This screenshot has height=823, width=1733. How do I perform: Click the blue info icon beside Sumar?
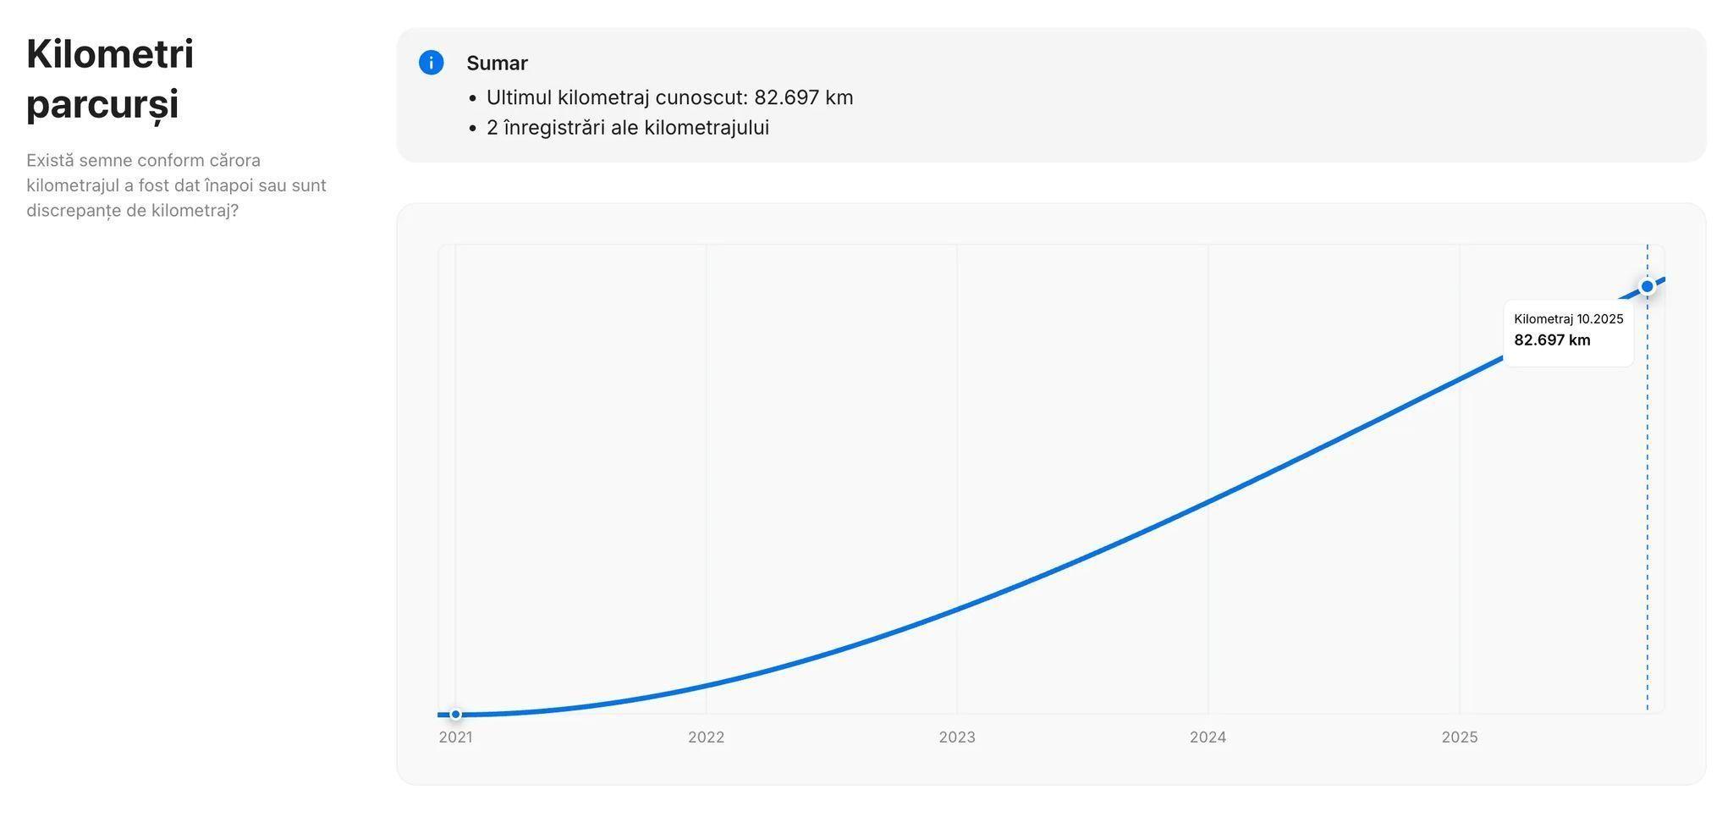point(431,63)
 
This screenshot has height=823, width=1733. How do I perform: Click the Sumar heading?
point(497,64)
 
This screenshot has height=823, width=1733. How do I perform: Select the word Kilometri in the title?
point(110,54)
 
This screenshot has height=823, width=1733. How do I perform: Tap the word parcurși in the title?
point(102,105)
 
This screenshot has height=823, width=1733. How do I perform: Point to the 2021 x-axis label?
point(455,737)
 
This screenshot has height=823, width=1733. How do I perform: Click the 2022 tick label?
point(706,737)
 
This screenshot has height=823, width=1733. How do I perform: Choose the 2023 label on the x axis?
point(956,737)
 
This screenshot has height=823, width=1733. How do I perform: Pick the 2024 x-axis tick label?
point(1208,737)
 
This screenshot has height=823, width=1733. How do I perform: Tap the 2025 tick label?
point(1459,737)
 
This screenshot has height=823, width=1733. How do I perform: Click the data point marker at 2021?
point(455,715)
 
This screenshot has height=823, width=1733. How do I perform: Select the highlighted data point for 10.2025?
point(1647,287)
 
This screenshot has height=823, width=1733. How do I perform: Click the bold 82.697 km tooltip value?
point(1552,340)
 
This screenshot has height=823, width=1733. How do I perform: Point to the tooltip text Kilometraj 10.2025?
point(1568,319)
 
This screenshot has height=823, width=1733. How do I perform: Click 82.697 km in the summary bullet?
point(803,97)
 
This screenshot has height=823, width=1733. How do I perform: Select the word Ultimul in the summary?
point(519,97)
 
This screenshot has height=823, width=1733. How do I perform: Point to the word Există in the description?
point(50,161)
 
